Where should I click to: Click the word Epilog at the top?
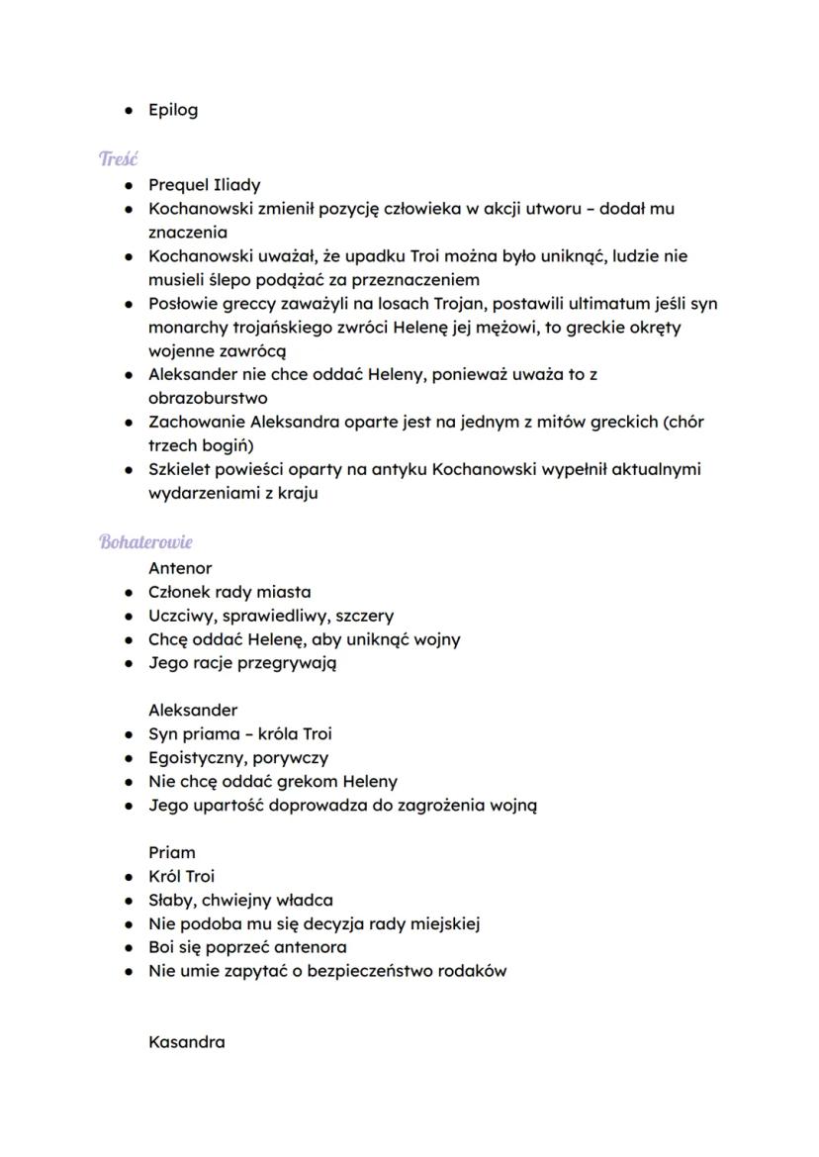tap(173, 110)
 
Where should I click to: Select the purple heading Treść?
tap(118, 158)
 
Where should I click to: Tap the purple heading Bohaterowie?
tap(145, 542)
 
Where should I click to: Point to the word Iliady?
tap(237, 185)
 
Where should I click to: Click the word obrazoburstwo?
tap(208, 398)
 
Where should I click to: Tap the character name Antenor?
tap(180, 568)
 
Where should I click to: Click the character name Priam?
tap(172, 852)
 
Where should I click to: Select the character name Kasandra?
tap(186, 1042)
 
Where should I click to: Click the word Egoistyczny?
tap(196, 758)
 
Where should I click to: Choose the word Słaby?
tap(171, 901)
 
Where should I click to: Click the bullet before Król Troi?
tap(130, 877)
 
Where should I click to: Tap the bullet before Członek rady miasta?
tap(130, 593)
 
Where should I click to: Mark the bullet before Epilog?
tap(130, 110)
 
